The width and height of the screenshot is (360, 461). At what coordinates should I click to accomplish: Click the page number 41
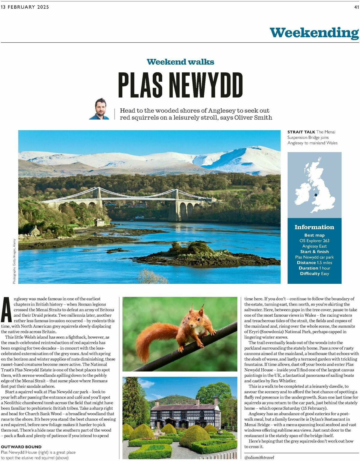[x=356, y=7]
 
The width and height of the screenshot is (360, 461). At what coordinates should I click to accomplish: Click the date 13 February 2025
[x=25, y=7]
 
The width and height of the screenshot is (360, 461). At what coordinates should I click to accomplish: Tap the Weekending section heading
[x=314, y=33]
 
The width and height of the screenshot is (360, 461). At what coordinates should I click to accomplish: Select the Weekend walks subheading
[x=180, y=62]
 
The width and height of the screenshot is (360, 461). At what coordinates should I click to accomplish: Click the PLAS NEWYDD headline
[x=180, y=85]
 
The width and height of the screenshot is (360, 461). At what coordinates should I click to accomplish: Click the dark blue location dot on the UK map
[x=316, y=195]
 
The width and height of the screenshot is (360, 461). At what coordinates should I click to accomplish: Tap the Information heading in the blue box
[x=314, y=227]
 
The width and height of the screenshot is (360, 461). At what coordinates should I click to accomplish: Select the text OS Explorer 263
[x=314, y=241]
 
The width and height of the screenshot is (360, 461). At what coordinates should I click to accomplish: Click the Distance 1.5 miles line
[x=314, y=263]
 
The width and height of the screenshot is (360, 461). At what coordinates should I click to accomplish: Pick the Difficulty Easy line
[x=314, y=274]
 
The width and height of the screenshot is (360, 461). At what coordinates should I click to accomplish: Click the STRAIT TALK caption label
[x=301, y=132]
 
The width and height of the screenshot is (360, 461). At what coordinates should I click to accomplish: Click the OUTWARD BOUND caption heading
[x=21, y=447]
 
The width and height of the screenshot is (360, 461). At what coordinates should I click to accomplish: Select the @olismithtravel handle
[x=259, y=458]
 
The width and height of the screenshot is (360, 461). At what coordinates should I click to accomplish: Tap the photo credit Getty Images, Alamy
[x=14, y=261]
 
